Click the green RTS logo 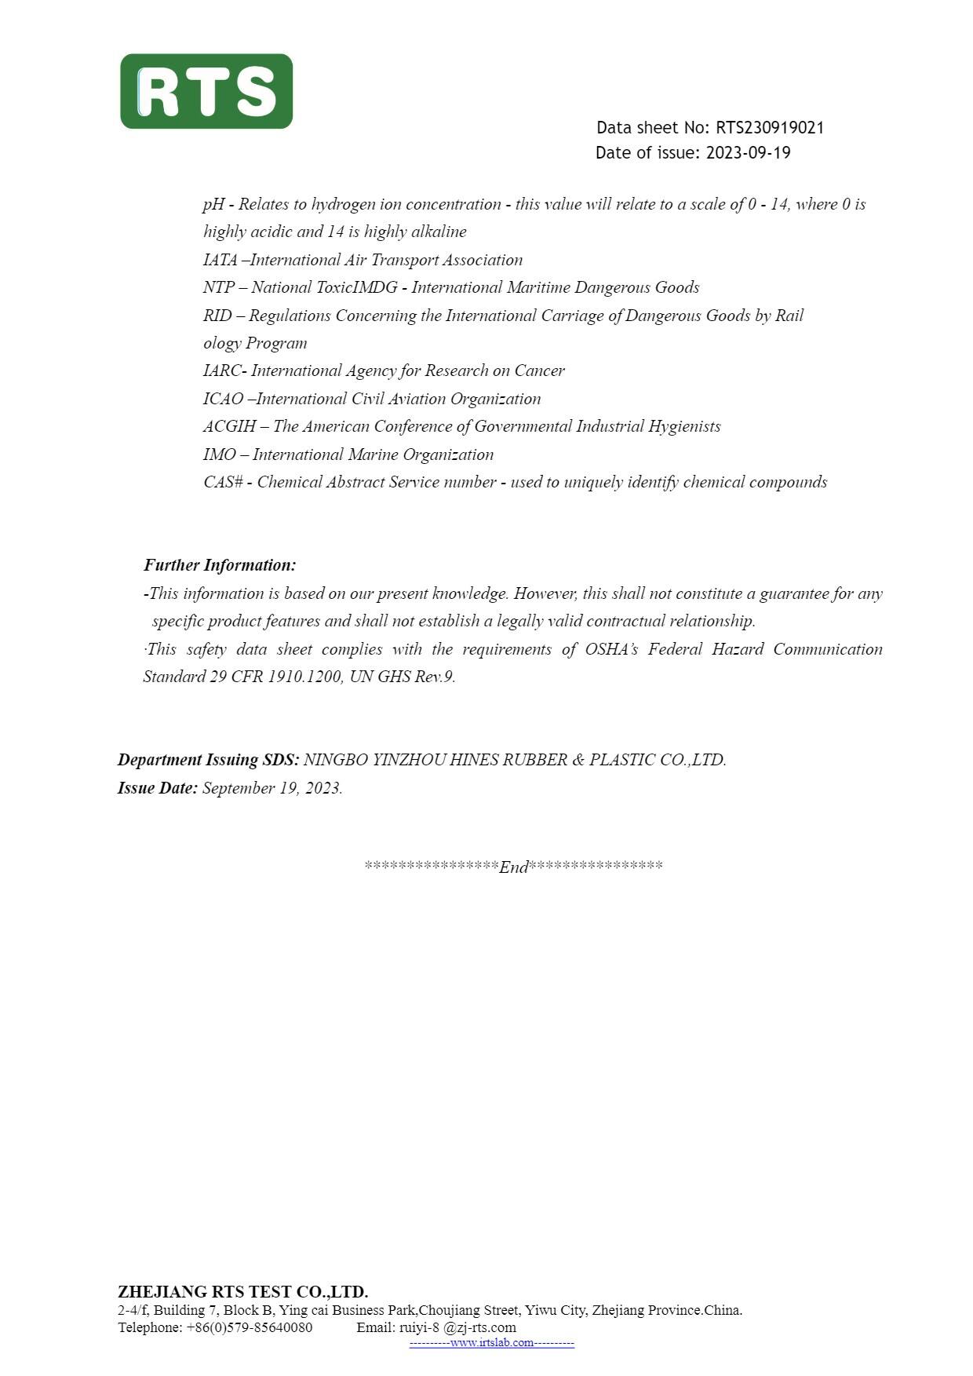pos(206,91)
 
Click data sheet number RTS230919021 pos(769,128)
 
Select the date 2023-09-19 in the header pos(748,153)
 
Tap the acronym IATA pos(220,261)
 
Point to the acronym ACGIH pos(229,427)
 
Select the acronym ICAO pos(223,400)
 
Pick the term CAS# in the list pos(223,483)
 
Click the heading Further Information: pos(220,565)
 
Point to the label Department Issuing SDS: pos(208,760)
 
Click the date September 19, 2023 pos(272,789)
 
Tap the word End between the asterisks pos(514,867)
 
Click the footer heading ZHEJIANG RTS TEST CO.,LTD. pos(242,1292)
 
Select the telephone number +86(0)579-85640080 pos(249,1327)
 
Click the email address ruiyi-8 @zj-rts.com pos(457,1327)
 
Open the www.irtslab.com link pos(492,1343)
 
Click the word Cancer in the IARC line pos(539,371)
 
